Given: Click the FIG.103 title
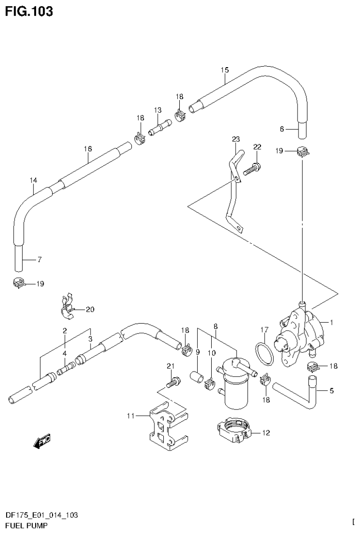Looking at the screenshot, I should click(29, 11).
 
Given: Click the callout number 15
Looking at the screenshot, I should click(224, 70).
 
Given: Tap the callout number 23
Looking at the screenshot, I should click(236, 139).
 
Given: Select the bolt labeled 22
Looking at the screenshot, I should click(251, 168).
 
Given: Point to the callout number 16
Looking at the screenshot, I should click(88, 149).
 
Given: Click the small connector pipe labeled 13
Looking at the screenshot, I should click(159, 127).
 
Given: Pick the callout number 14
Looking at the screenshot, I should click(33, 180).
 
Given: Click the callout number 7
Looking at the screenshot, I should click(40, 259).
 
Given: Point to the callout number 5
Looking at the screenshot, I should click(331, 390).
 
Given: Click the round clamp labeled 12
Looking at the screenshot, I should click(235, 430).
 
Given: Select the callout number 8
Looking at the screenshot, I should click(215, 325).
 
